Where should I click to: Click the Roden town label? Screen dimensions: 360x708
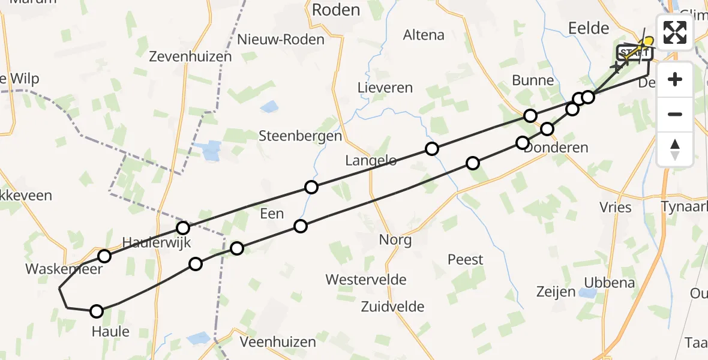(336, 10)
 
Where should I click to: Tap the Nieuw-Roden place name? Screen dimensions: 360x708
(281, 40)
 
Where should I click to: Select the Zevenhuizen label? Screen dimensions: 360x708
(190, 57)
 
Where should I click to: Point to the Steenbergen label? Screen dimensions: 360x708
(300, 136)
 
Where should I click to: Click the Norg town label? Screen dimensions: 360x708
(395, 241)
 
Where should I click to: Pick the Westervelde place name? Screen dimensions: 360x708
(366, 280)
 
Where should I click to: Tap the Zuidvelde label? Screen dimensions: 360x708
(392, 307)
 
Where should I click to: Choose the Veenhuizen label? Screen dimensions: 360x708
(277, 342)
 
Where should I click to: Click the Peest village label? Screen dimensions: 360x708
(465, 260)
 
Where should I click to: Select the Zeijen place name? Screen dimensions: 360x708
(556, 292)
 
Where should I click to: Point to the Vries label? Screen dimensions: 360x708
(616, 208)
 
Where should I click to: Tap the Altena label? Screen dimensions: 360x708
(424, 35)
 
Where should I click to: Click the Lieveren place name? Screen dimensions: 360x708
(385, 88)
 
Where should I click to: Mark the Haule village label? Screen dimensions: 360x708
(110, 331)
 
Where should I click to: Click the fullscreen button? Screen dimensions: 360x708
(675, 32)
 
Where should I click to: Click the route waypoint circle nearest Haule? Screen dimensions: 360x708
(97, 311)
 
